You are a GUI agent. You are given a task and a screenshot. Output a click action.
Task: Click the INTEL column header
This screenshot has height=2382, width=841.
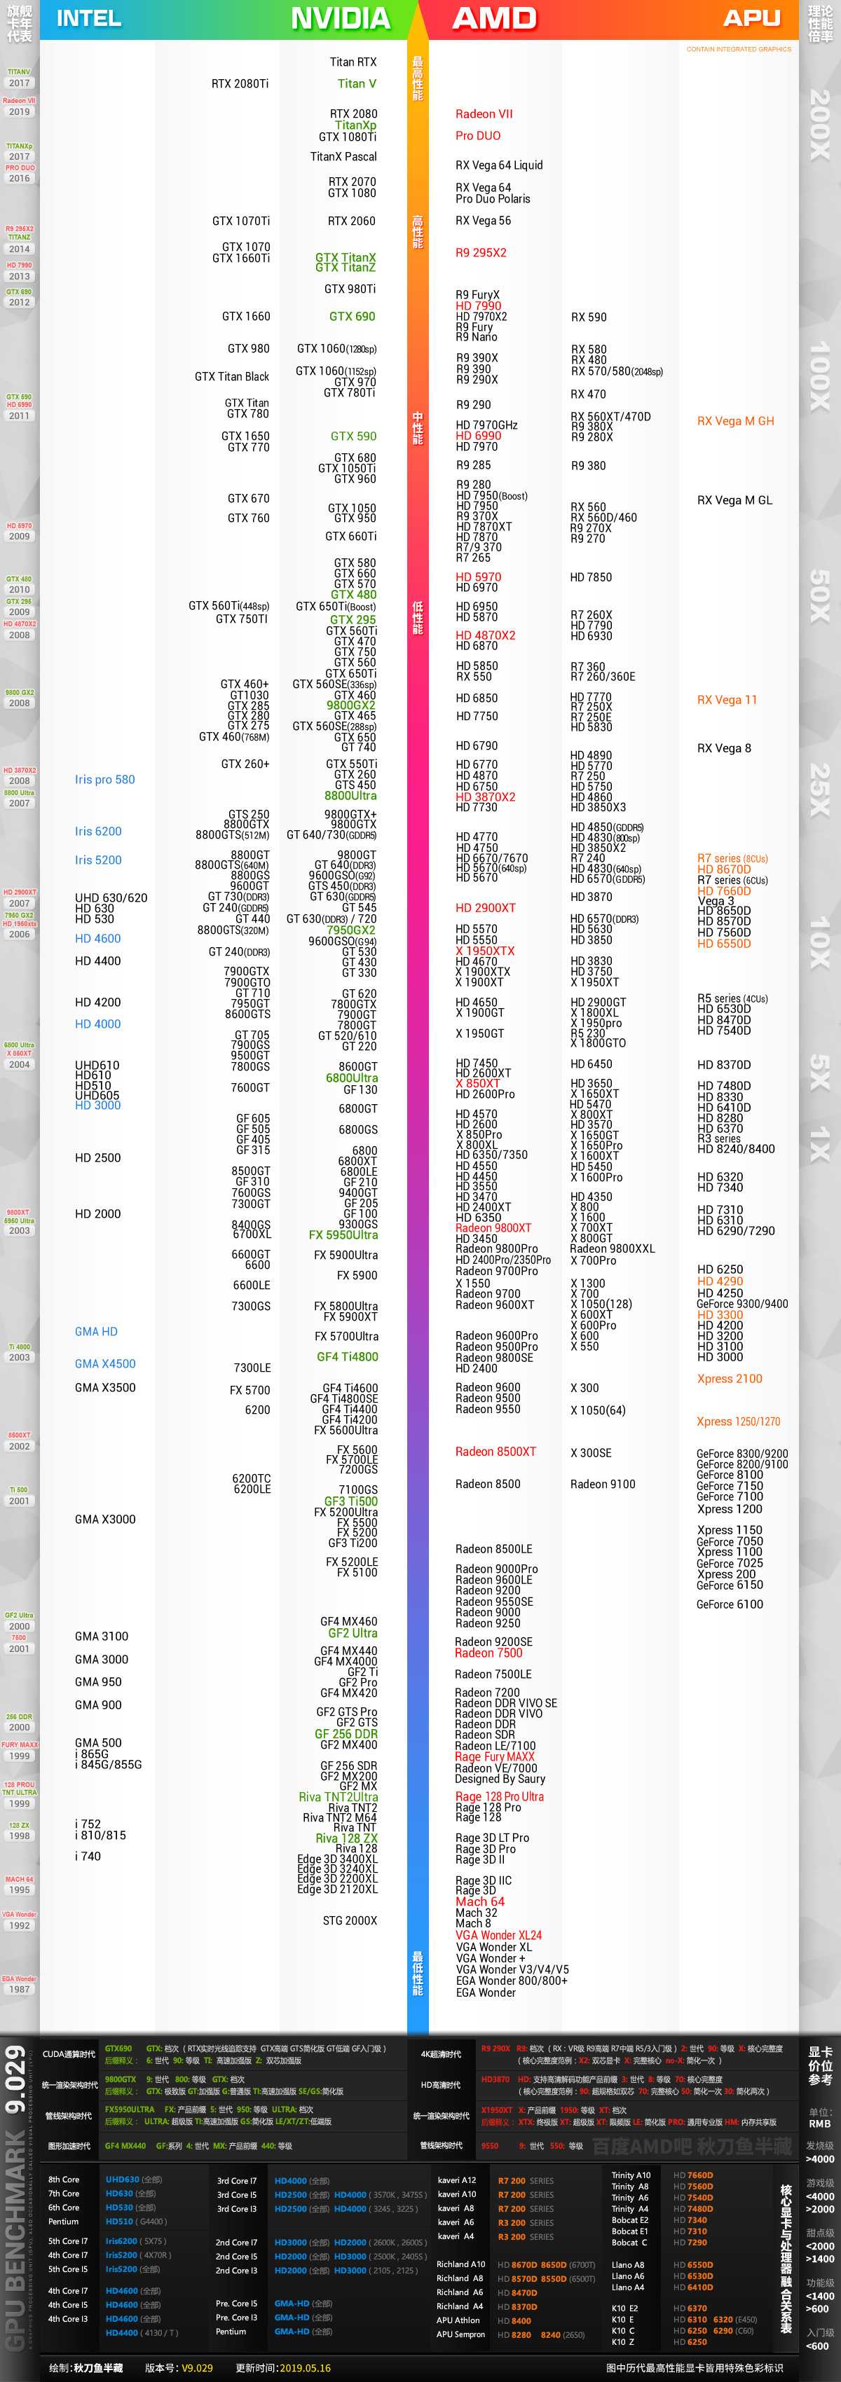point(89,18)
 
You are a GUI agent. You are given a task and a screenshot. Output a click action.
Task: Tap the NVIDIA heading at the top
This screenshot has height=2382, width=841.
point(339,18)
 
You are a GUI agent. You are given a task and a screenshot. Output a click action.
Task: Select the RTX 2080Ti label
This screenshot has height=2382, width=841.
point(240,84)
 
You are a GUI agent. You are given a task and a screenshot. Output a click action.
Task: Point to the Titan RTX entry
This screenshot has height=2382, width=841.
point(353,62)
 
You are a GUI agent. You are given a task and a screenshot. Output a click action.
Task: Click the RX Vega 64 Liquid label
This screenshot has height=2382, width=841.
point(499,165)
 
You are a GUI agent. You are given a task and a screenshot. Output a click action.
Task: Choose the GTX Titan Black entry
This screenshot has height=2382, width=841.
point(231,376)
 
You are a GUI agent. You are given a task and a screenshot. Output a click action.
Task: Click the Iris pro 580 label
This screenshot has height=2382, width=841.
point(104,780)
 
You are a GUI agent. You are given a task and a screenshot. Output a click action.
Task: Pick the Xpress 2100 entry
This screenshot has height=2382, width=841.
point(729,1379)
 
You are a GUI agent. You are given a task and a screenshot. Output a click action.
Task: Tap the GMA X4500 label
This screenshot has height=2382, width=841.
point(104,1364)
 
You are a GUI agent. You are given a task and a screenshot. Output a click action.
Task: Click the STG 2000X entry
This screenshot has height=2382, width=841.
point(350,1920)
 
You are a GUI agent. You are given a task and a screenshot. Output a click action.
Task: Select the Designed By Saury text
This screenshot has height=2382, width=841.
point(500,1779)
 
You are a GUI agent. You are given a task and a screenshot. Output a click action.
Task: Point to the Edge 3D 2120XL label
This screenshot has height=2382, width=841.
point(337,1889)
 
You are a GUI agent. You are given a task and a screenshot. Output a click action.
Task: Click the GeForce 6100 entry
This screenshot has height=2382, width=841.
point(729,1604)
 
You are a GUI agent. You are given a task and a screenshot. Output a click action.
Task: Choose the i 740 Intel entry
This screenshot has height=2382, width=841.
point(88,1856)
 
